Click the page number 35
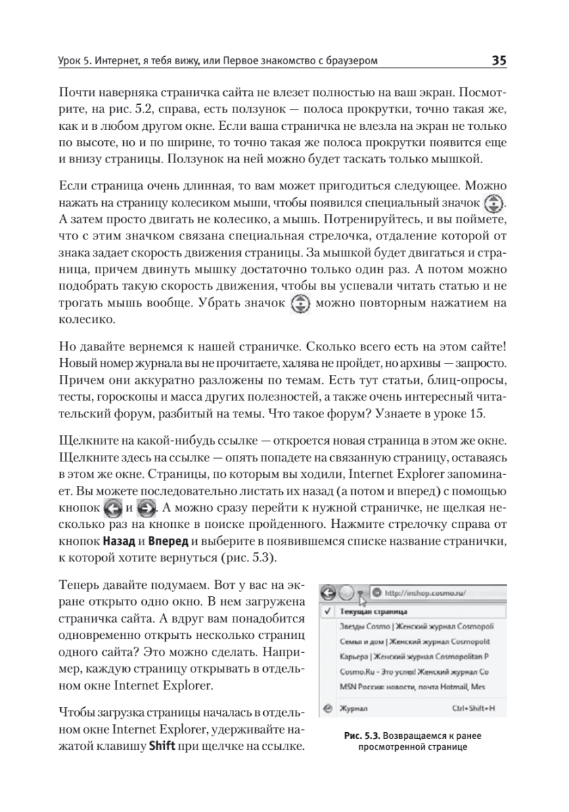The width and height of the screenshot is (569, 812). [499, 61]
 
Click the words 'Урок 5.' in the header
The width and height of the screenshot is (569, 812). [76, 62]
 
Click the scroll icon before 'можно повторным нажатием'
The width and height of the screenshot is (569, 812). [298, 303]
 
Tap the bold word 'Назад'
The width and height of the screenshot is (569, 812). [118, 541]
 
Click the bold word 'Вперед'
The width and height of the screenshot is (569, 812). [169, 541]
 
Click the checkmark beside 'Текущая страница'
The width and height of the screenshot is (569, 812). [327, 610]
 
